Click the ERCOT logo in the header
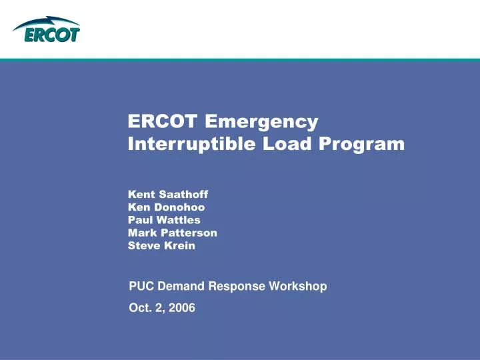click(46, 30)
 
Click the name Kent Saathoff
click(168, 194)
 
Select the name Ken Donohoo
click(166, 207)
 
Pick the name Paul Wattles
click(164, 219)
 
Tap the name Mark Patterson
click(172, 232)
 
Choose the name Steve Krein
click(161, 245)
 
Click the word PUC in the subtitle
click(140, 287)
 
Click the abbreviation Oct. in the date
click(139, 307)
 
